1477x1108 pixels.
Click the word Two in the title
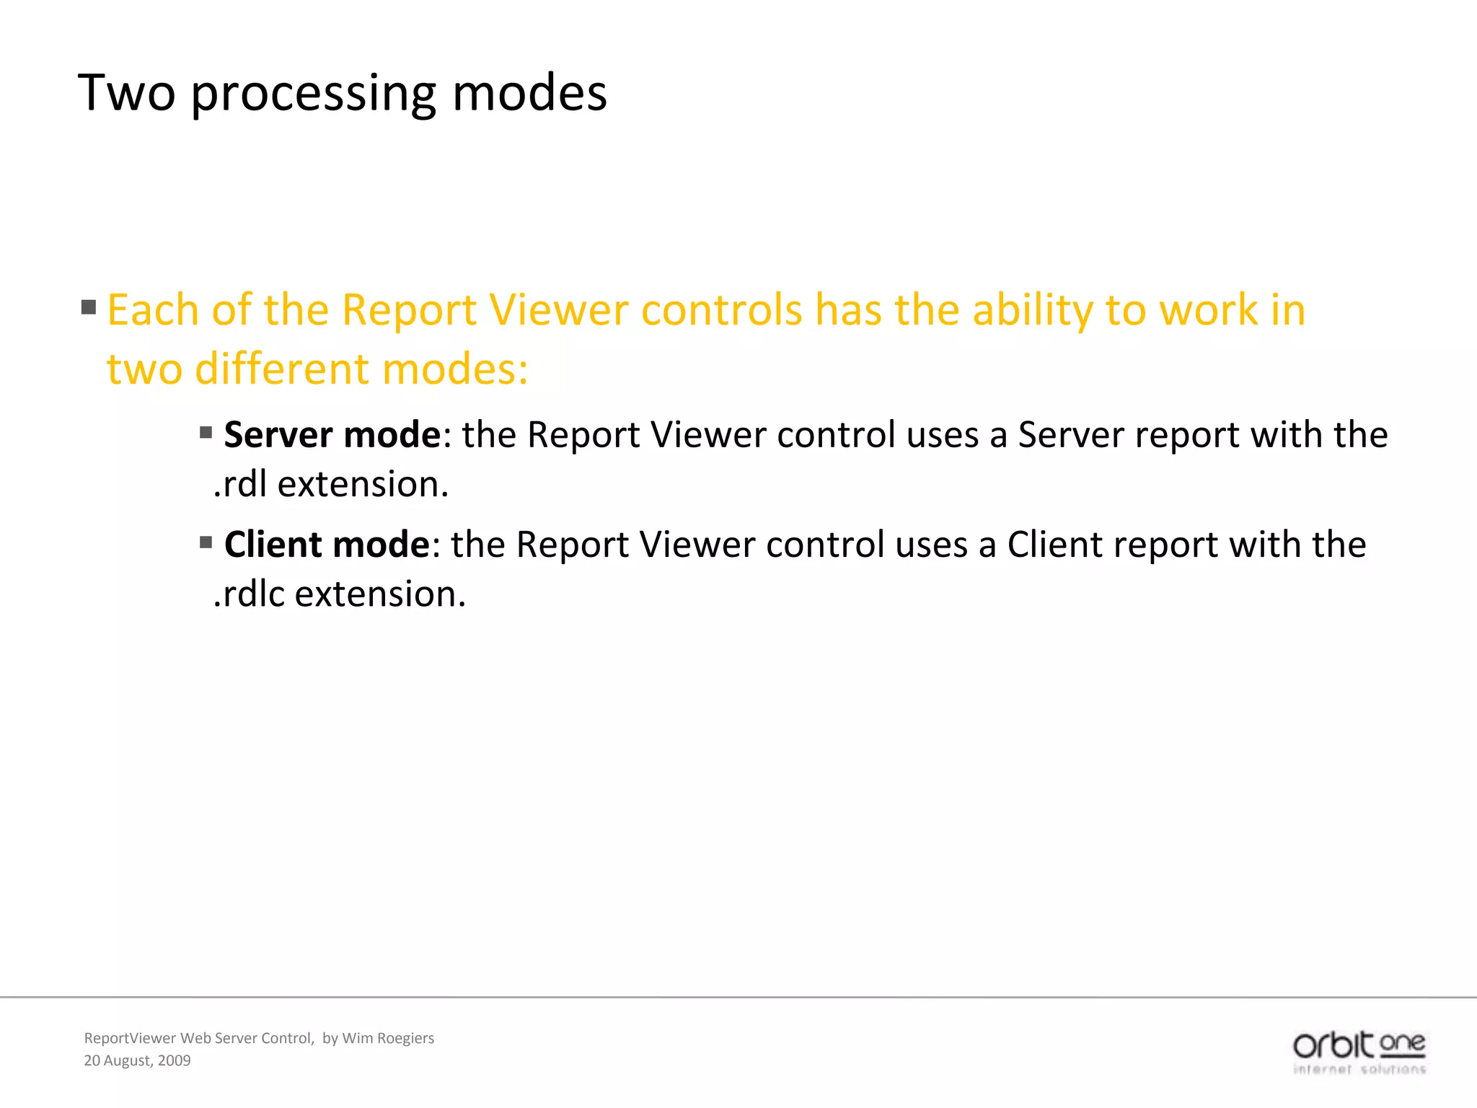tap(127, 94)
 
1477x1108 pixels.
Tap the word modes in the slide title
tap(529, 94)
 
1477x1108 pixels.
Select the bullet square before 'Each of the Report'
tap(89, 308)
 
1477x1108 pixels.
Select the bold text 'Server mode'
tap(332, 435)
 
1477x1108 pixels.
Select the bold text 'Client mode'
tap(327, 545)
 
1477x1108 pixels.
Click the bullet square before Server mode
tap(206, 433)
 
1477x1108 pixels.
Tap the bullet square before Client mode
tap(206, 542)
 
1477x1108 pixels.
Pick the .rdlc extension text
tap(340, 594)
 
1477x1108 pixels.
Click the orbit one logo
tap(1359, 1045)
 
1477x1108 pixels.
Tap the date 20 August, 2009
tap(137, 1060)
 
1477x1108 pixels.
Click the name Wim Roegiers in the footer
tap(388, 1038)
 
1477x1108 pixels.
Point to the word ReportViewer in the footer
tap(130, 1038)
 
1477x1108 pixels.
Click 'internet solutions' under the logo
tap(1359, 1070)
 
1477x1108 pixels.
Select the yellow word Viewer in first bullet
tap(558, 310)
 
